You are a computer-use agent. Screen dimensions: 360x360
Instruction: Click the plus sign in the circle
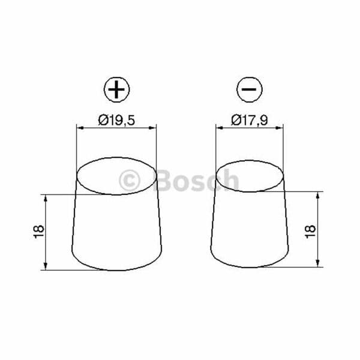point(116,89)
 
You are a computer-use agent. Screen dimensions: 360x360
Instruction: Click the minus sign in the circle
point(249,89)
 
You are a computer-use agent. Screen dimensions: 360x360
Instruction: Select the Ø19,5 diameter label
point(116,120)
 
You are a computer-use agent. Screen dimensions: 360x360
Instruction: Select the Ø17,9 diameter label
point(250,120)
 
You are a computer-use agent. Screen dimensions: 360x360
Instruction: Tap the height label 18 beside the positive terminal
point(39,232)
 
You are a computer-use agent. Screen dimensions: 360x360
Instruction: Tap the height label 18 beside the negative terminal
point(310,232)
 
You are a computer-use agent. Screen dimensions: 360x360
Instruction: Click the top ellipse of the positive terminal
point(116,157)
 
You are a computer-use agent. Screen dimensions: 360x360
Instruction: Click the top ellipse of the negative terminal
point(250,160)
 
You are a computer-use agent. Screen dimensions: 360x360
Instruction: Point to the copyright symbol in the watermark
point(130,181)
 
